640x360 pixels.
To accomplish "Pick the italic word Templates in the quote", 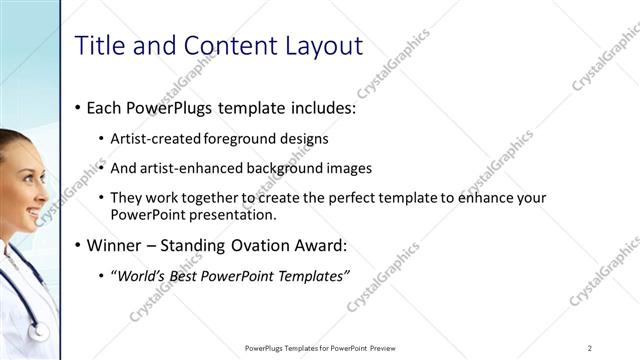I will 314,276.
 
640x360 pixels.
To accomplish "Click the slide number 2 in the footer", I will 590,348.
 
